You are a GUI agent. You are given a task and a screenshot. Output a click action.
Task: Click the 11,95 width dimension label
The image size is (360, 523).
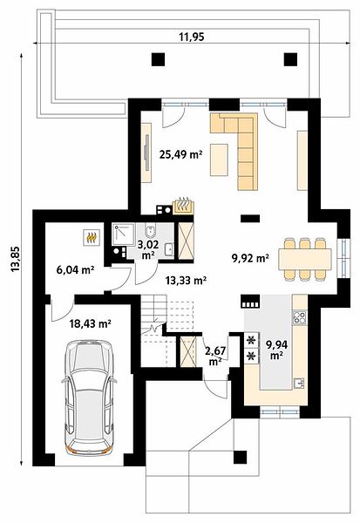click(192, 37)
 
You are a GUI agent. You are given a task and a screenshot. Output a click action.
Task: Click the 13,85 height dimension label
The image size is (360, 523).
click(16, 259)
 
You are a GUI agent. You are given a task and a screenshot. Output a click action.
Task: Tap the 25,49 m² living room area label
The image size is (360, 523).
click(180, 154)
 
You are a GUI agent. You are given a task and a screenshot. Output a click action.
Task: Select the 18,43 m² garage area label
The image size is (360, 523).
click(90, 323)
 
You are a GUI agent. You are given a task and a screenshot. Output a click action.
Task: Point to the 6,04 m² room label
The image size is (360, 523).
click(75, 270)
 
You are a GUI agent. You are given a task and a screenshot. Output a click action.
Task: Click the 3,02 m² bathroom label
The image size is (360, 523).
click(148, 249)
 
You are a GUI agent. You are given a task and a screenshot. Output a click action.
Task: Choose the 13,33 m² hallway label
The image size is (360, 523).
click(186, 281)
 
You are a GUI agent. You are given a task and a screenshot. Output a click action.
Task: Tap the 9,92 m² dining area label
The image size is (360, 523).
click(250, 257)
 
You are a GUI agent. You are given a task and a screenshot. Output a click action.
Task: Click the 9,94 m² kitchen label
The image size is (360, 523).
click(276, 350)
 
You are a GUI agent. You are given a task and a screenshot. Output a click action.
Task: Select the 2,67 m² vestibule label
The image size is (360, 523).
click(215, 356)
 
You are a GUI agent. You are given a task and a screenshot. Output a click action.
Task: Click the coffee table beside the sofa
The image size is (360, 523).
click(219, 160)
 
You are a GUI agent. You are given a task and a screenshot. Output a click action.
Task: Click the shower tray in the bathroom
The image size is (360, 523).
click(124, 235)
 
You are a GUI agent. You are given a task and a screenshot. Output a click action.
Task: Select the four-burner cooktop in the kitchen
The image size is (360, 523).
click(299, 317)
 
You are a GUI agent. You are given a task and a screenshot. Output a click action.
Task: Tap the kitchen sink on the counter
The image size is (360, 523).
click(299, 384)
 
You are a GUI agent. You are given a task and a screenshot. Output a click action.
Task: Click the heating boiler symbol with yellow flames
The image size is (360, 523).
click(91, 238)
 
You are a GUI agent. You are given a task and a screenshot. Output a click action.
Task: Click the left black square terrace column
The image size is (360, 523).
click(158, 59)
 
